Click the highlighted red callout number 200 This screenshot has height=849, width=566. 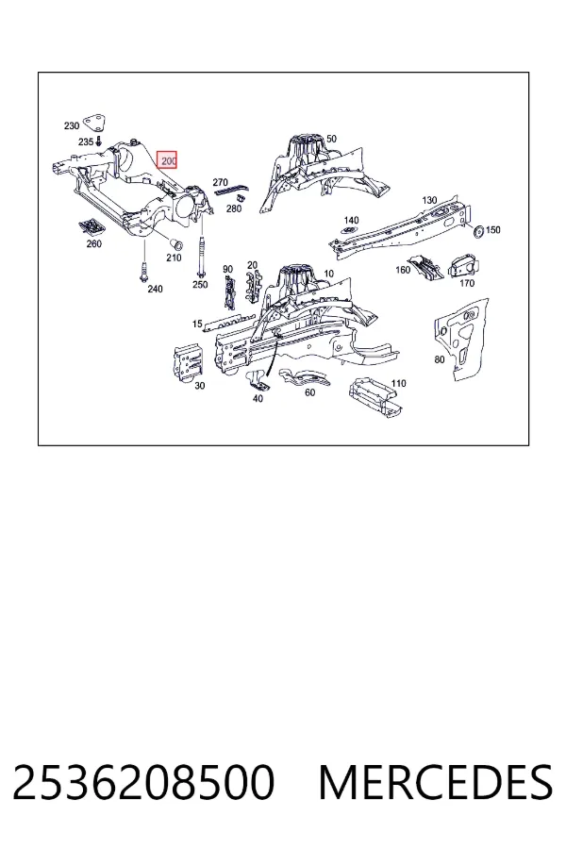(167, 160)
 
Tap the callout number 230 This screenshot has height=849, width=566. (72, 125)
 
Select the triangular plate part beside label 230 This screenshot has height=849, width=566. (94, 124)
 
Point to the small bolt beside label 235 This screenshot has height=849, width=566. (98, 142)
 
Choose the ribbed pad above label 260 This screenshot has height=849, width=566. (92, 226)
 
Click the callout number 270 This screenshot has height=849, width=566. (220, 182)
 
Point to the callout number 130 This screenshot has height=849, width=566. (429, 200)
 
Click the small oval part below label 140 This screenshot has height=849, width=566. (349, 231)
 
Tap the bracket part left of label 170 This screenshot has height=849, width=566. (425, 268)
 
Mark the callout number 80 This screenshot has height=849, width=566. (440, 359)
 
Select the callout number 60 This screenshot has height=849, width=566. (309, 392)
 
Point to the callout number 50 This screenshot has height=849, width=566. (331, 139)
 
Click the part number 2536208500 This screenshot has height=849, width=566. (143, 782)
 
